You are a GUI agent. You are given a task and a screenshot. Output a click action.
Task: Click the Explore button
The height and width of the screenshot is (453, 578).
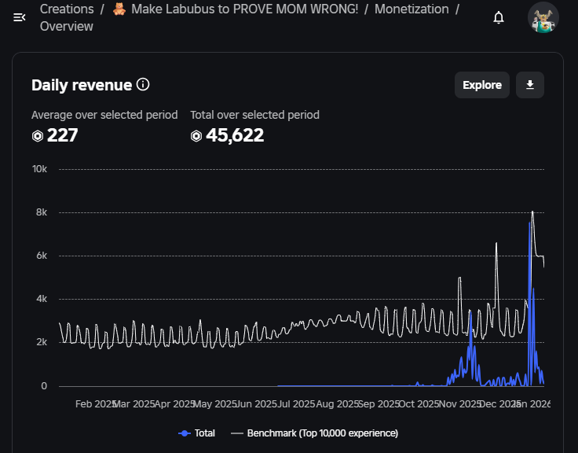[x=481, y=85]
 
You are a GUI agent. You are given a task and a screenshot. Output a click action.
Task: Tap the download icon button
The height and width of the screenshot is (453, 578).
[x=530, y=85]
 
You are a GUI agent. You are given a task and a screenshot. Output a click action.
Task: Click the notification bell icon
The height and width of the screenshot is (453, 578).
[x=499, y=17]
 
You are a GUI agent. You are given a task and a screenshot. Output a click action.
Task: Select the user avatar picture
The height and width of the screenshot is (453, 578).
[x=543, y=17]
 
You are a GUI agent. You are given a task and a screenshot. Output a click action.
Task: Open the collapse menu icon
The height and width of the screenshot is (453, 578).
[x=19, y=17]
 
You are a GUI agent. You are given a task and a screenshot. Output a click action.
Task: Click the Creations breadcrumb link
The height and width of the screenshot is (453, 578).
[x=67, y=9]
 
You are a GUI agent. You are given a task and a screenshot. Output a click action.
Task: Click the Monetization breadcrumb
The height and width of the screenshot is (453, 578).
[x=412, y=9]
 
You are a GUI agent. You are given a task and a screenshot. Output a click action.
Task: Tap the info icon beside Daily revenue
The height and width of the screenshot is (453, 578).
[x=143, y=85]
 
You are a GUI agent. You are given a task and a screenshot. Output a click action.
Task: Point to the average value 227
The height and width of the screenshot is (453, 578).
[x=62, y=135]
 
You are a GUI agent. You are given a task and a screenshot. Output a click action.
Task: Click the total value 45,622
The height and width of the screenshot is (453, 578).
[x=235, y=135]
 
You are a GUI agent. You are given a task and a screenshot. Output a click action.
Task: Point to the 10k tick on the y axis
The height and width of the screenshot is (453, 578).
[x=39, y=169]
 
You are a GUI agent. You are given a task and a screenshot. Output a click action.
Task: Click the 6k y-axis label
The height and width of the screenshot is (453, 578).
[x=42, y=256]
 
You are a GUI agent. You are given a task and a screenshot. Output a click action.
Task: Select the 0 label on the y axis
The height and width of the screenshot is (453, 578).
[x=44, y=386]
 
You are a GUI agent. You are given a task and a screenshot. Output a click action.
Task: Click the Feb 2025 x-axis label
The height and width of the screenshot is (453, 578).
[x=96, y=404]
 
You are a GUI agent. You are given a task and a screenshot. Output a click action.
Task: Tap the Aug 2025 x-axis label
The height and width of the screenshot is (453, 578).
[x=337, y=404]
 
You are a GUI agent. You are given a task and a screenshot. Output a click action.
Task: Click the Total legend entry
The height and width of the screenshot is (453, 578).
[x=196, y=433]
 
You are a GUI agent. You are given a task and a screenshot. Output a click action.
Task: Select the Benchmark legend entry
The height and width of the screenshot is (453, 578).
[x=314, y=433]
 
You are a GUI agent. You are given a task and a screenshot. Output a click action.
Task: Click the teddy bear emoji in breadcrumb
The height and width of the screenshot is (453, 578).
[x=119, y=9]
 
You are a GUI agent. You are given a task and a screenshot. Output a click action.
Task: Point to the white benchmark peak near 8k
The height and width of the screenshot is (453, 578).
[x=532, y=212]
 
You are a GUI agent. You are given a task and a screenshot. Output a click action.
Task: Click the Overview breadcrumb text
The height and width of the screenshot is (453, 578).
[x=66, y=26]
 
